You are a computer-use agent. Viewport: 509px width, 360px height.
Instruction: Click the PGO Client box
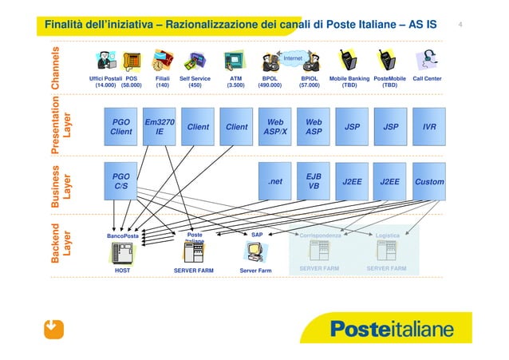pos(121,127)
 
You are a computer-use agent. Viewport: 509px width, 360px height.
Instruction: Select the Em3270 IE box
pos(160,127)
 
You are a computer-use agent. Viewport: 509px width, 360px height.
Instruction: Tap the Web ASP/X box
pos(275,127)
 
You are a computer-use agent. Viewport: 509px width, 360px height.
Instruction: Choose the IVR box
pos(429,127)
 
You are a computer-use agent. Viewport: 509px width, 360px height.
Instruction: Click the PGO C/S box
pos(121,181)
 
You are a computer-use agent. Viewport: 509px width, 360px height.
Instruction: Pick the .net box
pos(275,181)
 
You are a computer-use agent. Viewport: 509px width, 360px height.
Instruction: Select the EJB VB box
pos(314,181)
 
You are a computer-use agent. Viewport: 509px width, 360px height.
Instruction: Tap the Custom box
pos(429,181)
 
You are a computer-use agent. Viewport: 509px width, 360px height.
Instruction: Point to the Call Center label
pos(427,79)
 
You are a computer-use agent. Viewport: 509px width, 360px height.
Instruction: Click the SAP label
pos(256,235)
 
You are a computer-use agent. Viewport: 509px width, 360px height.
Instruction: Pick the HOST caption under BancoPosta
pos(123,271)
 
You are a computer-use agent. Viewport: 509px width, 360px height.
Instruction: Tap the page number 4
pos(461,24)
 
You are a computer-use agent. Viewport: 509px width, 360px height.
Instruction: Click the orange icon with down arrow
pos(53,328)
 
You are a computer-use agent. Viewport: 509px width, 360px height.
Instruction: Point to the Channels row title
pos(56,68)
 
